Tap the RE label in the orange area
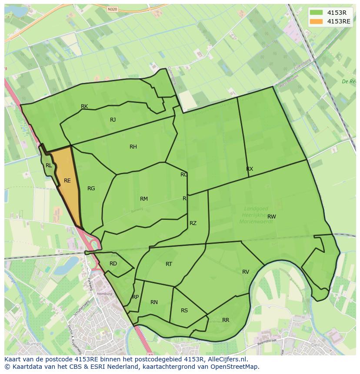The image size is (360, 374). [x=67, y=181]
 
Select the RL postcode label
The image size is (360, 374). [x=49, y=165]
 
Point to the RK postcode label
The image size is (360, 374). [x=84, y=106]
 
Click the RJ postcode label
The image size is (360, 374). [x=113, y=120]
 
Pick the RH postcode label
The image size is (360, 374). [x=133, y=147]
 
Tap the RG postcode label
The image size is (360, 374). [x=91, y=189]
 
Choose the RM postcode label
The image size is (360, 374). [x=144, y=199]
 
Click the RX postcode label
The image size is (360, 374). [x=250, y=169]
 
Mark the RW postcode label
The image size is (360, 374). [x=272, y=217]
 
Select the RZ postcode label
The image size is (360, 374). [x=193, y=223]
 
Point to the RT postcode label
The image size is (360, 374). [x=169, y=264]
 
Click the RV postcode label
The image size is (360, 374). [x=246, y=272]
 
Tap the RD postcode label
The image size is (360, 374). [x=113, y=264]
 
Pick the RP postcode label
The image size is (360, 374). [x=135, y=297]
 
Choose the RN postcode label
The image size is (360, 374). [x=154, y=302]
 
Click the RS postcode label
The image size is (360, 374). [x=184, y=311]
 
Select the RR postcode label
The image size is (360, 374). [x=226, y=320]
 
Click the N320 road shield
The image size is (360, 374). [x=112, y=9]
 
